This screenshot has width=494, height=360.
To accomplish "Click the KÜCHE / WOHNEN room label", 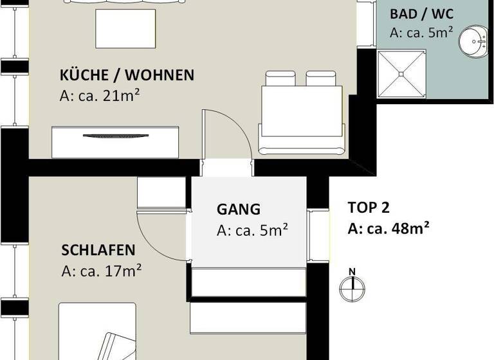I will pos(127,75).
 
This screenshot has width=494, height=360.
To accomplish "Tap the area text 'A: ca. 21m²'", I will pos(100,97).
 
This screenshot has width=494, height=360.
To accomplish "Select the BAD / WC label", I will pos(421,14).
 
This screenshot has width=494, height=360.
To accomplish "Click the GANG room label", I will pos(239,209).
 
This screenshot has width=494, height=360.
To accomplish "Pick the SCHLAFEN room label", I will pos(98,249).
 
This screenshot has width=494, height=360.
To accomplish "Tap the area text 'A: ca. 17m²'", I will pos(102,271).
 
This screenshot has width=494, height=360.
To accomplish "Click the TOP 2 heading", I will pos(369,208).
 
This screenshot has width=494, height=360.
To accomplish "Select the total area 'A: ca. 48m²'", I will pos(389,228).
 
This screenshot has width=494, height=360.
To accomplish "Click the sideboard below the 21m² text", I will pos(115,142).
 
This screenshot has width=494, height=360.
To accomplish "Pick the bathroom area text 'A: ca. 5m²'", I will pos(421,32).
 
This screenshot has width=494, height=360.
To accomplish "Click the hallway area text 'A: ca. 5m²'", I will pos(252,230).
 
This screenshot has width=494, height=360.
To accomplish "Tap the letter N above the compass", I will pos(352,271).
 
